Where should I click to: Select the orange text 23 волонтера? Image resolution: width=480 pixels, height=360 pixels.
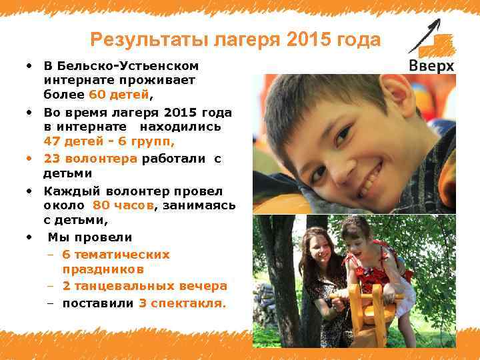click(91, 158)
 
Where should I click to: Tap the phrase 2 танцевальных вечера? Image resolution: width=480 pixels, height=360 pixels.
click(145, 286)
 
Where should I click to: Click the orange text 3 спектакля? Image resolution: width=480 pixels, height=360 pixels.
click(182, 303)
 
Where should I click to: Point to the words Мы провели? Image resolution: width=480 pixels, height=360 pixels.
click(90, 237)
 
